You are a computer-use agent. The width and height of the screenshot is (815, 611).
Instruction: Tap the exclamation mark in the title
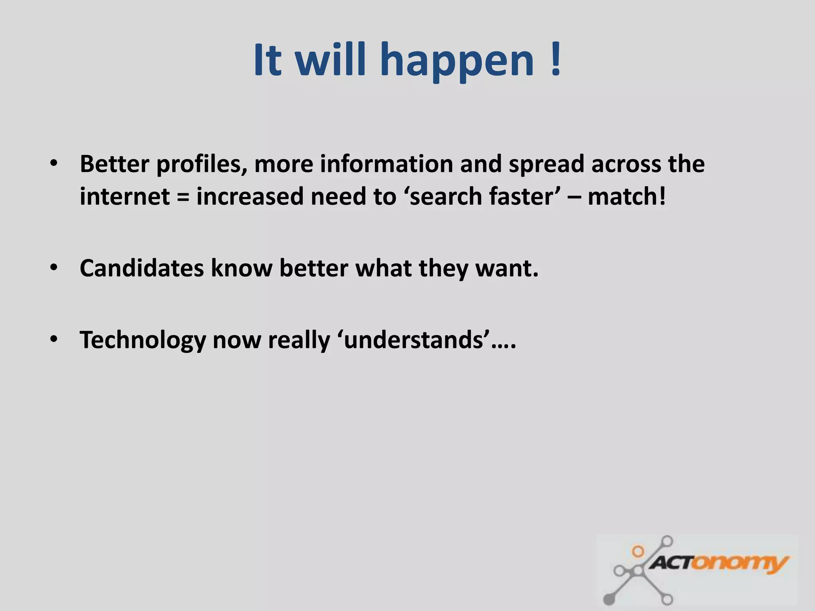click(x=556, y=60)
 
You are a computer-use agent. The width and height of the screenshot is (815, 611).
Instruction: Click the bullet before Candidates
click(x=54, y=268)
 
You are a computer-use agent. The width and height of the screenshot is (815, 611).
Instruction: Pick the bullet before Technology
click(x=54, y=339)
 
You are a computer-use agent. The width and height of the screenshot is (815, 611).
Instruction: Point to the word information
click(x=386, y=164)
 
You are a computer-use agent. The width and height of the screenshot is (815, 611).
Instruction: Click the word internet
click(x=125, y=197)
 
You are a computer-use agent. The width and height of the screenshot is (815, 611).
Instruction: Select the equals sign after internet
click(x=183, y=197)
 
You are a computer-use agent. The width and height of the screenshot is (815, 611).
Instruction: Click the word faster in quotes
click(x=521, y=197)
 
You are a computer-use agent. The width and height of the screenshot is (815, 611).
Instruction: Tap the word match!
click(x=626, y=197)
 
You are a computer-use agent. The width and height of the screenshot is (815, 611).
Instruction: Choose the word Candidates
click(x=142, y=268)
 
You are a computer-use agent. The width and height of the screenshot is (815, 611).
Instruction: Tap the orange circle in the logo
click(x=638, y=551)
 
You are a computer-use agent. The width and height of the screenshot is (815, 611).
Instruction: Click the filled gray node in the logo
click(x=608, y=599)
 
